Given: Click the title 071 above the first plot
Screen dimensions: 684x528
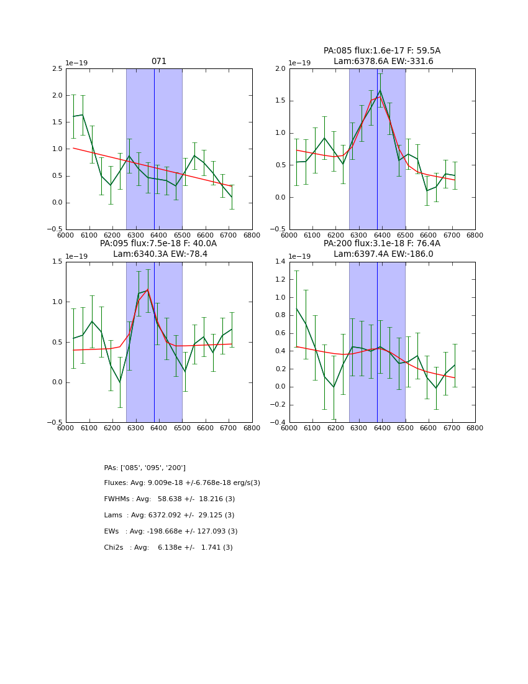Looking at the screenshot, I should coord(159,62).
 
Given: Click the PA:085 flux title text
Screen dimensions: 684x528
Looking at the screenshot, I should coord(381,51).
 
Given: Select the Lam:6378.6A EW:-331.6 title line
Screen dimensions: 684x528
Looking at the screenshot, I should coord(383,61).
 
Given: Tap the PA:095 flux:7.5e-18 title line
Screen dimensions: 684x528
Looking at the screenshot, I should coord(158,244).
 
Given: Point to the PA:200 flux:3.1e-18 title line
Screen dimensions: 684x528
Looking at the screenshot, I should coord(381,244).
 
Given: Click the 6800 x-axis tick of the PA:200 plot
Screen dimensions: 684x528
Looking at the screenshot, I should coord(475,428).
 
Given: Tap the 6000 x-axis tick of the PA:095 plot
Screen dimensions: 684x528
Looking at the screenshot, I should coord(66,428).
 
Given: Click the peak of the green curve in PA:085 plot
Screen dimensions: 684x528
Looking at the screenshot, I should coord(380,90).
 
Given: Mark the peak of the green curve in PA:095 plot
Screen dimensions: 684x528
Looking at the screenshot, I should coord(147,290).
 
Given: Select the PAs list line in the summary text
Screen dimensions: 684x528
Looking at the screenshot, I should coord(145,468).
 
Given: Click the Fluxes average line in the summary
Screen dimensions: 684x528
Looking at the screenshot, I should coord(182,483).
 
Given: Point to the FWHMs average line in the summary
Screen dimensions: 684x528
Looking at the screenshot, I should coord(169,499).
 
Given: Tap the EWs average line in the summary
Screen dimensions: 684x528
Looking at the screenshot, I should coord(170,532).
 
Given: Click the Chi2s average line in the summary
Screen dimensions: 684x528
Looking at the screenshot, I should coord(168,548).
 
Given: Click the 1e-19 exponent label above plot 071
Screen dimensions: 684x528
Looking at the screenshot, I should coord(77,63).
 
